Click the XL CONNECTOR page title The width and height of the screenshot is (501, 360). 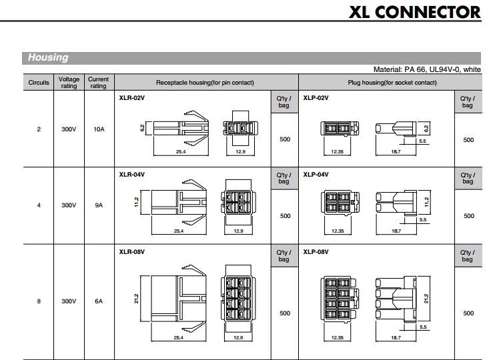coord(415,12)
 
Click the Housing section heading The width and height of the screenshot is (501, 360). coord(48,57)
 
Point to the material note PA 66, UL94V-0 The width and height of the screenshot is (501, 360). coord(427,69)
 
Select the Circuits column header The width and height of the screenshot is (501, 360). coord(39,83)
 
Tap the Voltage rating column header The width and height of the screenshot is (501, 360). coord(69,83)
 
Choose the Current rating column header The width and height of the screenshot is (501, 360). coord(99,83)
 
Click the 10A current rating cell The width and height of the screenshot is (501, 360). coord(99,129)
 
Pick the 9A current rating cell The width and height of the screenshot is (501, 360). coord(99,205)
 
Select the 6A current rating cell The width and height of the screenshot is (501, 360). coord(99,301)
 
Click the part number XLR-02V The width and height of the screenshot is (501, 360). coord(131,98)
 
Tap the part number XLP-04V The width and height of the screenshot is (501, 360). coord(316,175)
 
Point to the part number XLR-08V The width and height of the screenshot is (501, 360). coord(131,252)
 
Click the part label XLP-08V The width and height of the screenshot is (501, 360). coord(316,252)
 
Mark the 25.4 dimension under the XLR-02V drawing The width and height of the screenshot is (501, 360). coord(181,152)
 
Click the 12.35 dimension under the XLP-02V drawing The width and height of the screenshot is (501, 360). coord(338,152)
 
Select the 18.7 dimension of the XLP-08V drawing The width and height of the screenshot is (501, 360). coord(396,337)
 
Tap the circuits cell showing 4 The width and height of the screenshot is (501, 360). coord(39,205)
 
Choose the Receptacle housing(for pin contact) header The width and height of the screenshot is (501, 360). coord(205,83)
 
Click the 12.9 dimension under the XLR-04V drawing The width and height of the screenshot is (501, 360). coord(238,231)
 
